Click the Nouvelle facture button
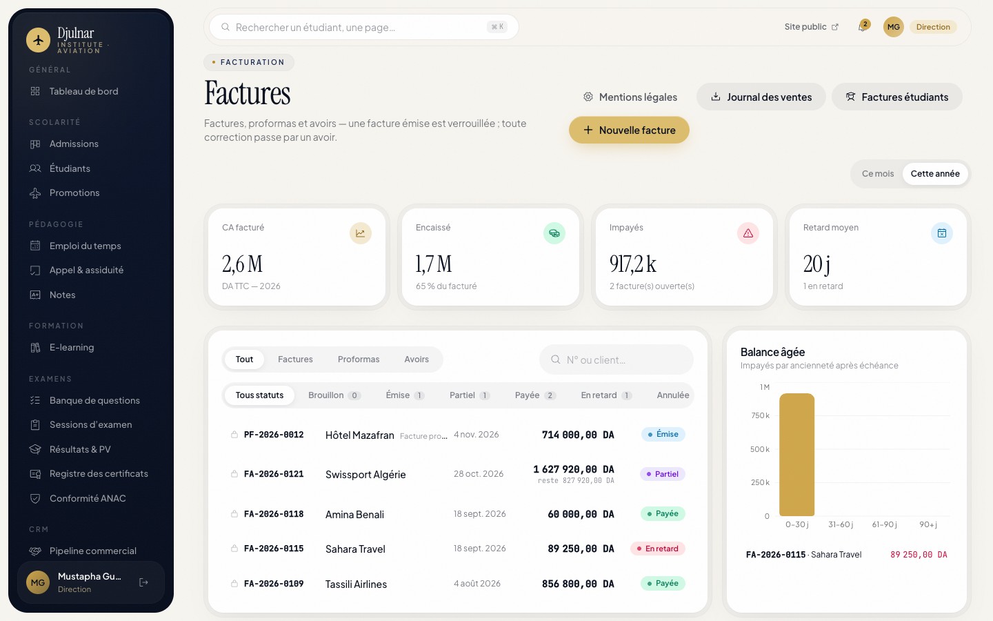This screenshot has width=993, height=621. (629, 130)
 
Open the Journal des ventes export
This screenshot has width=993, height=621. (761, 97)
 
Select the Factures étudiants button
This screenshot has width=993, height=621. (896, 97)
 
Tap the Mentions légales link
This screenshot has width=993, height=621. (630, 97)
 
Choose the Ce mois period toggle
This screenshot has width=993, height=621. (878, 173)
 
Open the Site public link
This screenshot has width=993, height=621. (811, 27)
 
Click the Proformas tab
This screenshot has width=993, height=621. (358, 359)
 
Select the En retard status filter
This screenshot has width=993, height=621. (606, 395)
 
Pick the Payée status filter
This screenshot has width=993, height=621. (535, 395)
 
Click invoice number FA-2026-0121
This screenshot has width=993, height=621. (274, 474)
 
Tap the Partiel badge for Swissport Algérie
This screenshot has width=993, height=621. (662, 474)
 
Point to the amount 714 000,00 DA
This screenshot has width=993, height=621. (578, 435)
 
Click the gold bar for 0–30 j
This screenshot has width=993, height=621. (796, 455)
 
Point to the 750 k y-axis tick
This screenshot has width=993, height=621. (760, 415)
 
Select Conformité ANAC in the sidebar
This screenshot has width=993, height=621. (88, 498)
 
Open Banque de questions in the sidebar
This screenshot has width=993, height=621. (94, 400)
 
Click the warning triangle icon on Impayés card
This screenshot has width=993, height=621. (748, 233)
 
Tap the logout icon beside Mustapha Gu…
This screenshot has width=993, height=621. (143, 582)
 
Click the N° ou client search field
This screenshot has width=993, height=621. (616, 359)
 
